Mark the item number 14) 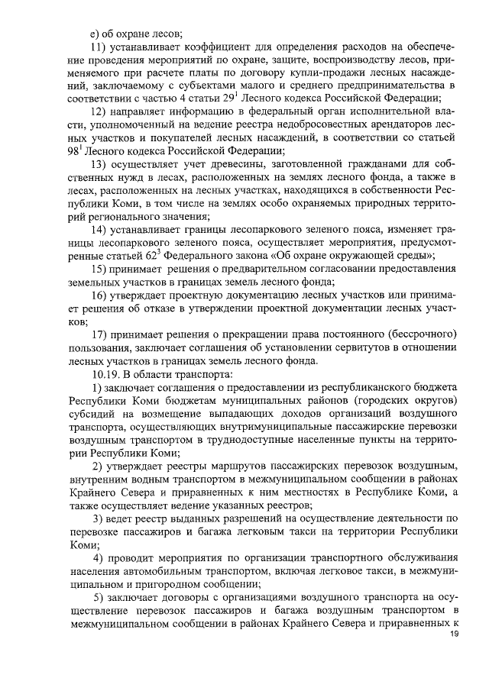pos(99,231)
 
